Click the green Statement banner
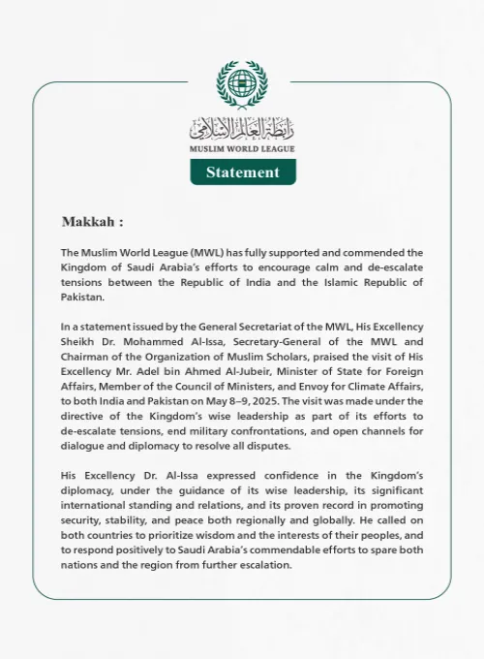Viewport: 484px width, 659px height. click(x=242, y=173)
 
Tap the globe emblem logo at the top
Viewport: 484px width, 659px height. click(x=242, y=87)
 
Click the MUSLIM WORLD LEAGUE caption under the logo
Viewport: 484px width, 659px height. click(x=242, y=149)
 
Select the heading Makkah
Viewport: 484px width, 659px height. click(x=93, y=222)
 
